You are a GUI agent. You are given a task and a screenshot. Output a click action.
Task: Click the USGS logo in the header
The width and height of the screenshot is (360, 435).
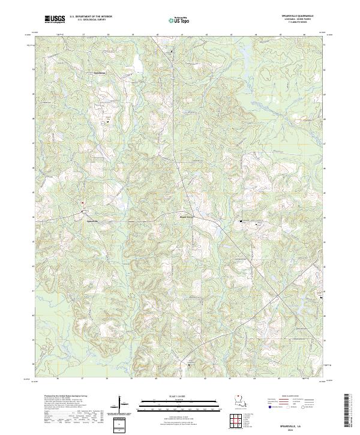point(55,20)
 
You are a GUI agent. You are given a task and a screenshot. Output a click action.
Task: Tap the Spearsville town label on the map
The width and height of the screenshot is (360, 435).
point(88,220)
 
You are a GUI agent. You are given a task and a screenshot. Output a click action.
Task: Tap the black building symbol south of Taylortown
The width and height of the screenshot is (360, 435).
point(108,121)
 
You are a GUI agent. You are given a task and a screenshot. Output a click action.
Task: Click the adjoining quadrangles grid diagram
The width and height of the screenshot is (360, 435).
point(238,422)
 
